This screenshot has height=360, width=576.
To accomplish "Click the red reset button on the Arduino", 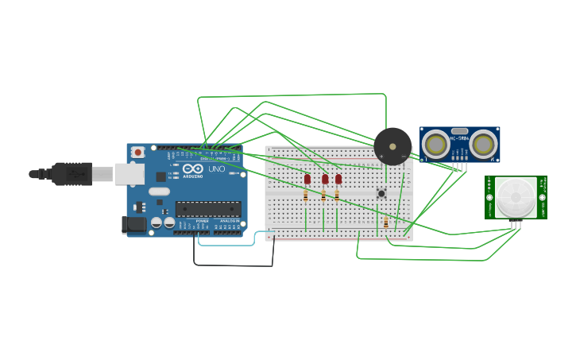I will pyautogui.click(x=138, y=152).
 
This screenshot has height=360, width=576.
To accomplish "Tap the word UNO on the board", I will pyautogui.click(x=217, y=169).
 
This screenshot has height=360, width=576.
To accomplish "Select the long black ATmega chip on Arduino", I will pyautogui.click(x=208, y=209).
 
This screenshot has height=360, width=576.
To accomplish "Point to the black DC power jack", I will pyautogui.click(x=134, y=225).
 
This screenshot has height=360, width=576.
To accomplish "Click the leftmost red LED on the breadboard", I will pyautogui.click(x=307, y=180).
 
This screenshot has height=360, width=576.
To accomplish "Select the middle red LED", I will pyautogui.click(x=325, y=180).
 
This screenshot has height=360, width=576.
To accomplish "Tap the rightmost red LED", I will pyautogui.click(x=338, y=180).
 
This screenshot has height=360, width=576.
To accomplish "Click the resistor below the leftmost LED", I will pyautogui.click(x=306, y=196).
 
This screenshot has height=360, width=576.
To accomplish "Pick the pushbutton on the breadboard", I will pyautogui.click(x=381, y=193).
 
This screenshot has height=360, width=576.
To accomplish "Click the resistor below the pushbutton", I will pyautogui.click(x=386, y=223).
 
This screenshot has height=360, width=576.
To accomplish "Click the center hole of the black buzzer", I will pyautogui.click(x=392, y=146).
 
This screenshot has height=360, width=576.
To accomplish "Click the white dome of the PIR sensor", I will pyautogui.click(x=516, y=196).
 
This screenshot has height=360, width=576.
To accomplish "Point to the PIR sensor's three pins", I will pyautogui.click(x=516, y=225).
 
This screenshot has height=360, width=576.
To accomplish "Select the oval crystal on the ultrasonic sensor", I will pyautogui.click(x=459, y=130).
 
